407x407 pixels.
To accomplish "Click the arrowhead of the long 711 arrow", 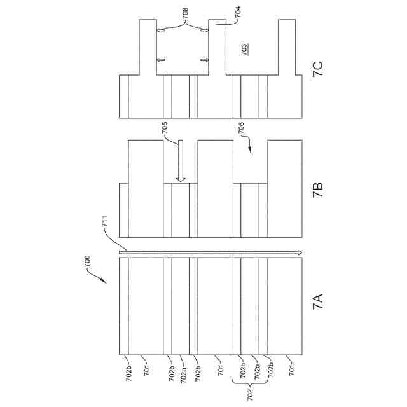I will pos(297,252).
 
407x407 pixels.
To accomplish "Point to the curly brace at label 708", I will pos(184,24).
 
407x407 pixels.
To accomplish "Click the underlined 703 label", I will pos(245,50).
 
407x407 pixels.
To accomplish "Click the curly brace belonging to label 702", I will pos(250,382).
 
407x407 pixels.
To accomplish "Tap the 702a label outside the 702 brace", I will pos(182,371).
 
